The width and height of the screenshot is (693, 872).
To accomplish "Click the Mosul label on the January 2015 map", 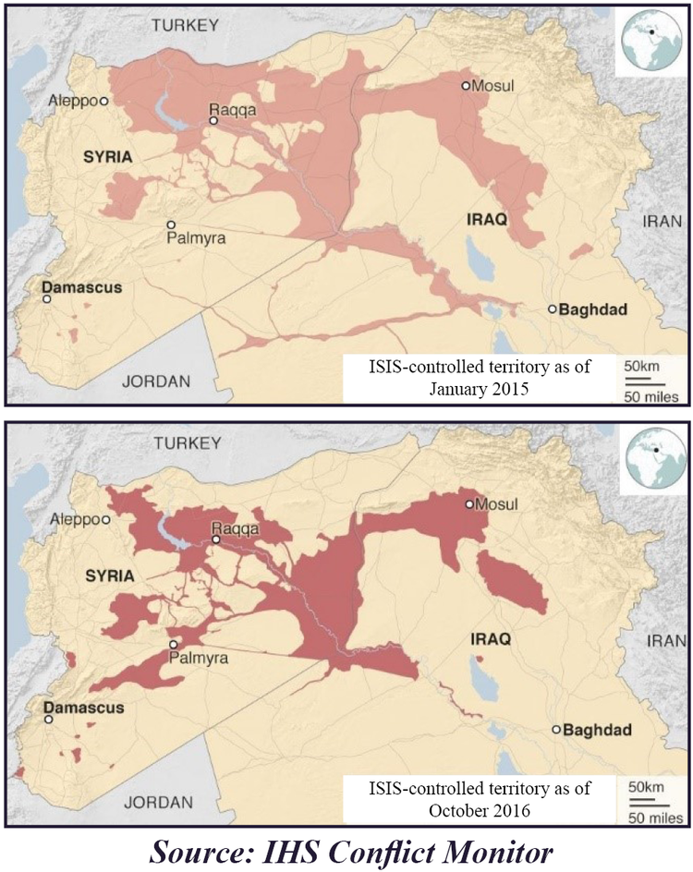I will pyautogui.click(x=493, y=86).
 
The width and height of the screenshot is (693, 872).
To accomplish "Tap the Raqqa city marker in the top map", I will pyautogui.click(x=213, y=120).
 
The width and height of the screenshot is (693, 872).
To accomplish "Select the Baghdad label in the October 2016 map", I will pyautogui.click(x=597, y=730).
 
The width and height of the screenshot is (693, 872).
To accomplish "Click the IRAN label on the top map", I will pyautogui.click(x=663, y=222).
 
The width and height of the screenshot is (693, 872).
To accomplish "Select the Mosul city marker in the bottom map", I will pyautogui.click(x=469, y=504).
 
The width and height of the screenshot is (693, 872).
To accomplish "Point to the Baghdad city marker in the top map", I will pyautogui.click(x=553, y=309).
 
